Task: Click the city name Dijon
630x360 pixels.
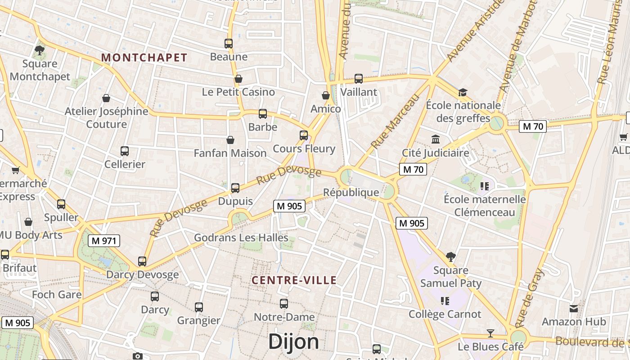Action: (x=293, y=342)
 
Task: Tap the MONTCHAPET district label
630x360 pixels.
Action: (x=144, y=58)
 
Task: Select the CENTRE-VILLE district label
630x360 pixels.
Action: (x=294, y=280)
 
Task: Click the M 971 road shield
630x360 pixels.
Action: (x=104, y=241)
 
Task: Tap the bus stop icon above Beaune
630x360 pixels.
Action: (x=229, y=44)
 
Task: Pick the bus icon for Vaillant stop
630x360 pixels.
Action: (x=359, y=79)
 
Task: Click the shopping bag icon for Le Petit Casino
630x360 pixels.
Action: (x=238, y=79)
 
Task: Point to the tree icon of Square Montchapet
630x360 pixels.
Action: (x=40, y=50)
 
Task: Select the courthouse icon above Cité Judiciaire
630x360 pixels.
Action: (x=435, y=139)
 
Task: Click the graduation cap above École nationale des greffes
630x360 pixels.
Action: (x=463, y=93)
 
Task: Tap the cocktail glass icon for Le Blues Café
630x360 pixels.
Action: (x=490, y=333)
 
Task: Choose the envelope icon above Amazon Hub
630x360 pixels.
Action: (x=574, y=309)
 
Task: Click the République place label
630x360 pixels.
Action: (x=351, y=193)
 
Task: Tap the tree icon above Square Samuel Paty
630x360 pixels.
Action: (x=450, y=257)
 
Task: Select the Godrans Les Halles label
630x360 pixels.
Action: (x=241, y=237)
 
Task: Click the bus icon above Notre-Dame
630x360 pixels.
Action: (x=283, y=304)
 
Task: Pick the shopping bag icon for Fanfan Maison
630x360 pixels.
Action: (x=230, y=140)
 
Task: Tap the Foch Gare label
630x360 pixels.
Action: (x=57, y=295)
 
